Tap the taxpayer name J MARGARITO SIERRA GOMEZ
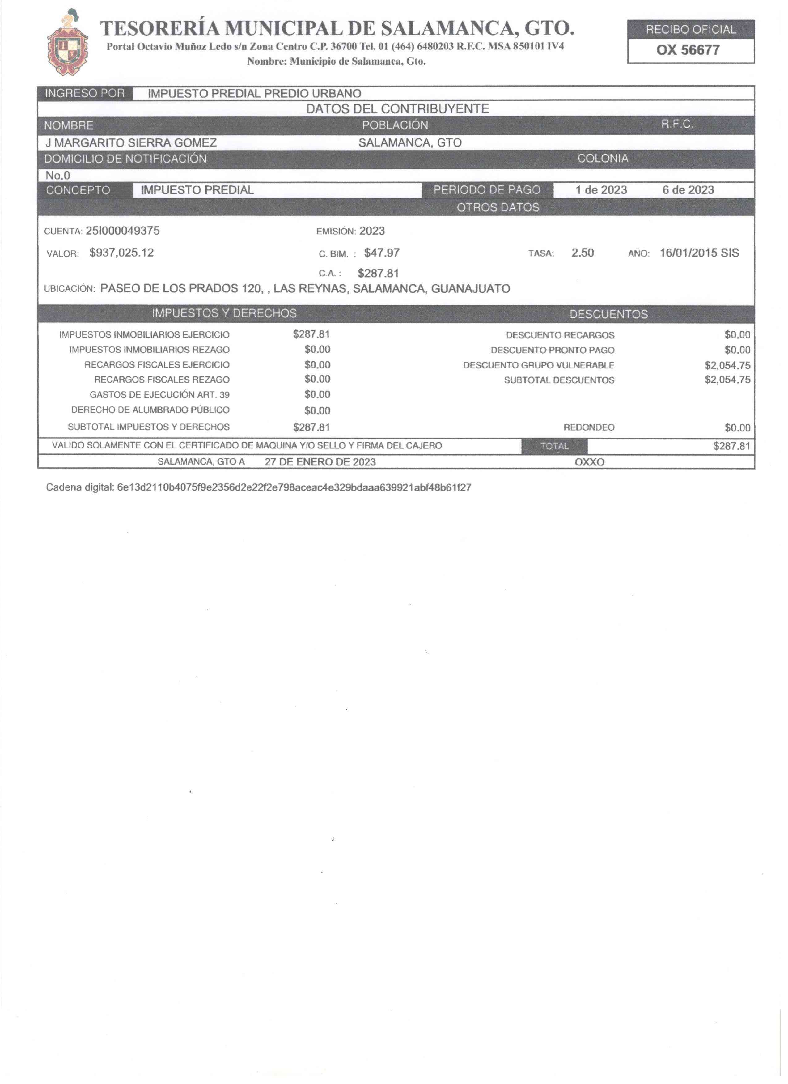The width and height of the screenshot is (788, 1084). pyautogui.click(x=131, y=142)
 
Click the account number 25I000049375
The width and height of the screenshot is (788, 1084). pyautogui.click(x=122, y=231)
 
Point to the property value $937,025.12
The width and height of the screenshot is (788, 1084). pyautogui.click(x=121, y=253)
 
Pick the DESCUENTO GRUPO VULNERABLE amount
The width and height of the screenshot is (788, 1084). pyautogui.click(x=727, y=366)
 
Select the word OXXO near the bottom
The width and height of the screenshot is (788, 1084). pyautogui.click(x=589, y=462)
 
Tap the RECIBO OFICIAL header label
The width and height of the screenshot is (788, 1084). pyautogui.click(x=691, y=30)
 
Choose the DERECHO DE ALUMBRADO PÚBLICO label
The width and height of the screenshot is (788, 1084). pyautogui.click(x=150, y=410)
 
